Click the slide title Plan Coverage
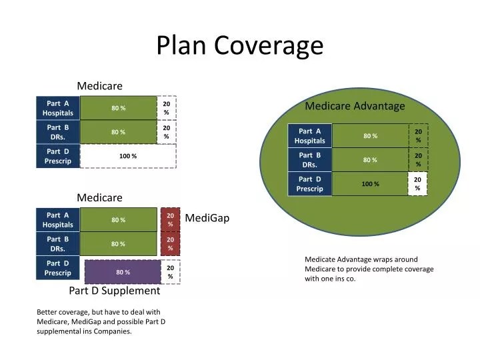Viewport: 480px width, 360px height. coord(239,45)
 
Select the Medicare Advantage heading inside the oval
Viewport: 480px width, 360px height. coord(355,106)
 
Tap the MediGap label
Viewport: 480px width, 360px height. coord(207,218)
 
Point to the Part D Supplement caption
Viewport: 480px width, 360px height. coord(115,291)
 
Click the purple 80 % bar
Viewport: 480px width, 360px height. coord(123,272)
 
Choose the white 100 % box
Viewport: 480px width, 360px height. coord(127,156)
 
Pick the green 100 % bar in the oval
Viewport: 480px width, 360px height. coord(370,184)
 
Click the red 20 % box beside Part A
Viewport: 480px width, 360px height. coord(171,219)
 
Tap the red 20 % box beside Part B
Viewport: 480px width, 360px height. coord(171,243)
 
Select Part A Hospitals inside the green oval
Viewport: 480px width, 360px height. coord(310,136)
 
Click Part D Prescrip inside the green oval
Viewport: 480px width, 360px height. coord(310,184)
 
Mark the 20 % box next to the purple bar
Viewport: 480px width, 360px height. coord(171,272)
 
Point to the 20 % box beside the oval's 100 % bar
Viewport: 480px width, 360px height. coord(417,184)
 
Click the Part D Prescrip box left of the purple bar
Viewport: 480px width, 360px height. coord(58,268)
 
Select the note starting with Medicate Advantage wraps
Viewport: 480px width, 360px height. coord(369,269)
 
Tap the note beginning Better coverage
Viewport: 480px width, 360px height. coord(101,321)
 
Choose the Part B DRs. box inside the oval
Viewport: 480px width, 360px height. coord(310,160)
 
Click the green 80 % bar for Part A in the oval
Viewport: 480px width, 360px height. coord(370,136)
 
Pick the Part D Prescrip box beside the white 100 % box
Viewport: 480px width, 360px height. coord(58,156)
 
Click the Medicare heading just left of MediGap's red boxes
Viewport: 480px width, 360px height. coord(99,198)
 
